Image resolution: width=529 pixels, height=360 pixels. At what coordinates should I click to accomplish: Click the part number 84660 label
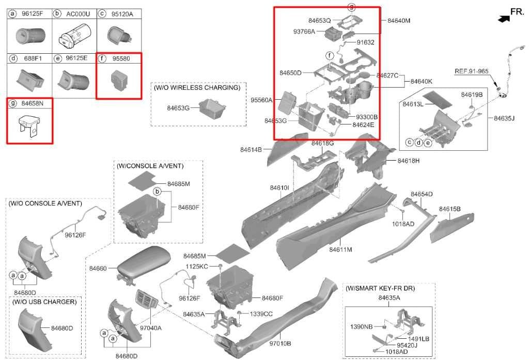click(98, 269)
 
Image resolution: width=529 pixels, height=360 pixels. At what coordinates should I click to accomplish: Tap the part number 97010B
click(280, 343)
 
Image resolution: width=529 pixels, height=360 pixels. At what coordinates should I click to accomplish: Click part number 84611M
click(340, 249)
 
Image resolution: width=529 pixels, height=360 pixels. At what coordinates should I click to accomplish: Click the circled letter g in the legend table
click(12, 104)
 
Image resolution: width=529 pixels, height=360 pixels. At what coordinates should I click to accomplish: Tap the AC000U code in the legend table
click(78, 14)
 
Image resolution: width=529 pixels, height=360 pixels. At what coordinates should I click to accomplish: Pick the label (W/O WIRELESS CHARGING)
click(197, 88)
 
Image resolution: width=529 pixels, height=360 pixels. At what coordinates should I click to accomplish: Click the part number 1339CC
click(261, 314)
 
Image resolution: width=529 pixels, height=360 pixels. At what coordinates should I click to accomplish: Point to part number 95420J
click(407, 345)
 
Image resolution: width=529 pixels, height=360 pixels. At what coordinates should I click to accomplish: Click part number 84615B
click(449, 209)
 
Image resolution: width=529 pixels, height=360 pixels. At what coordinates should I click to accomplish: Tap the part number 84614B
click(251, 150)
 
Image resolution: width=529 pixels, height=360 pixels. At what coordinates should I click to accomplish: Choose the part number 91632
click(365, 42)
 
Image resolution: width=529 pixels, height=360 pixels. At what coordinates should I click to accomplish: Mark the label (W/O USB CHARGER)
click(45, 302)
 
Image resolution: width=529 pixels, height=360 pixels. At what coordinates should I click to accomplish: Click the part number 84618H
click(409, 161)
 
